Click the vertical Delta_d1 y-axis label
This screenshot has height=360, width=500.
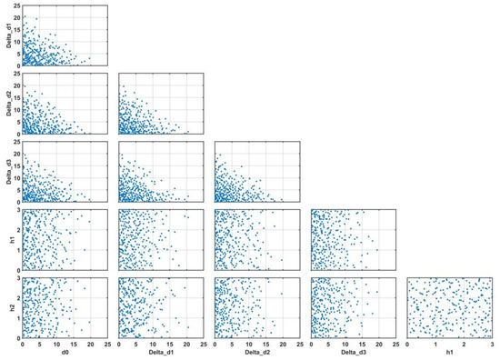(x=6, y=35)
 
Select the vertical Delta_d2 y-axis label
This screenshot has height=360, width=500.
(x=6, y=103)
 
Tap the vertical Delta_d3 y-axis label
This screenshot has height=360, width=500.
(x=6, y=171)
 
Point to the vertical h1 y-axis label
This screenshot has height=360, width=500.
(x=6, y=239)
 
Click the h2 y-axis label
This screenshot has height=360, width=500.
(x=6, y=307)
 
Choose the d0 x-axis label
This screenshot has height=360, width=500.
(x=65, y=355)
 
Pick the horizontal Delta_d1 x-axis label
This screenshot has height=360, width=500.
(x=161, y=355)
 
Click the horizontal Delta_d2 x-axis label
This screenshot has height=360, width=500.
(x=257, y=355)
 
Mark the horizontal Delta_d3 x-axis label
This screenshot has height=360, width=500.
(x=354, y=355)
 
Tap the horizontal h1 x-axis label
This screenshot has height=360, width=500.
(x=450, y=355)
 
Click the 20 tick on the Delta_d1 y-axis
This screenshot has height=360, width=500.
(x=16, y=18)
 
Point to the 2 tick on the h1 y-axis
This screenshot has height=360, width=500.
(x=18, y=230)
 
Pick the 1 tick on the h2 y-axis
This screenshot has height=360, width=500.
(x=18, y=318)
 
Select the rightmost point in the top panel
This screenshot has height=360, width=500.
(x=90, y=58)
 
